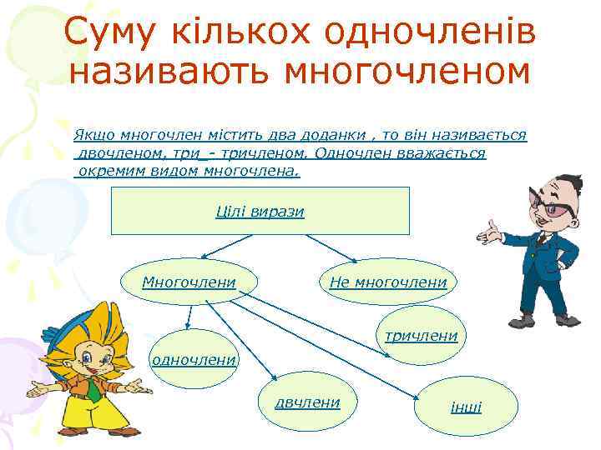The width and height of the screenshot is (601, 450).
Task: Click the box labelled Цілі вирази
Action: pyautogui.click(x=260, y=211)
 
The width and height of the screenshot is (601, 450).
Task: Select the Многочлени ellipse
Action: pyautogui.click(x=189, y=282)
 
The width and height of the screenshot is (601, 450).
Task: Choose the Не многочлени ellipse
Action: pyautogui.click(x=388, y=282)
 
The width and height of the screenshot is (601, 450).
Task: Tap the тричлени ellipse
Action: pyautogui.click(x=422, y=336)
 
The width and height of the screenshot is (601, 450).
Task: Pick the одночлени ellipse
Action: pyautogui.click(x=193, y=360)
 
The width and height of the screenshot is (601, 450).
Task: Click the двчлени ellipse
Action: pyautogui.click(x=308, y=403)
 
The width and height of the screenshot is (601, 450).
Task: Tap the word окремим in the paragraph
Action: pyautogui.click(x=106, y=172)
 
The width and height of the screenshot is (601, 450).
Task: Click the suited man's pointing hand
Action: pyautogui.click(x=492, y=231)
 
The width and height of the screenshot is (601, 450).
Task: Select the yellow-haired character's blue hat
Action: pyautogui.click(x=63, y=328)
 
